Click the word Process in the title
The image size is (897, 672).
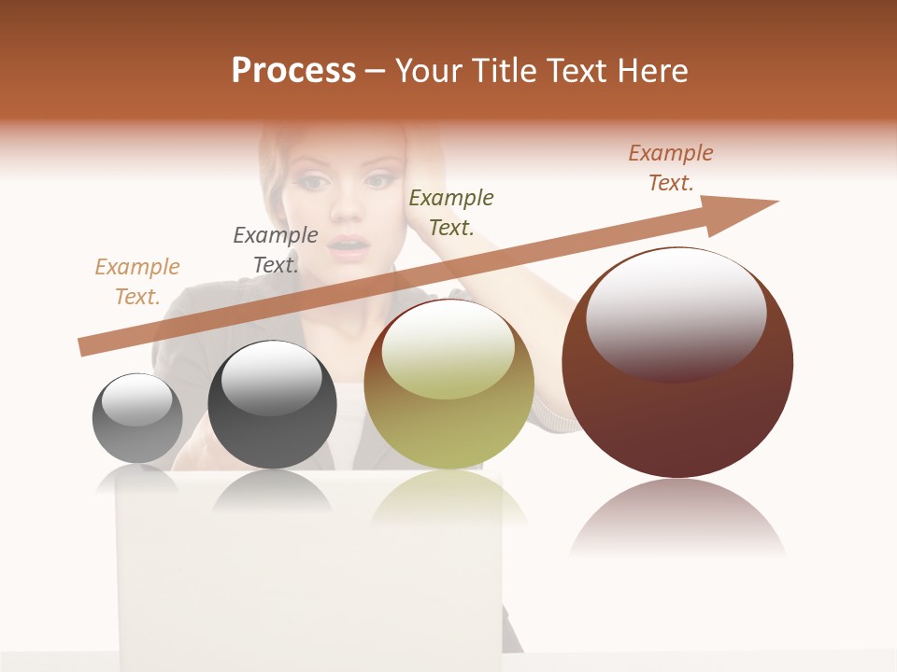pyautogui.click(x=293, y=71)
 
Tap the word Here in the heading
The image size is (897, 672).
pyautogui.click(x=653, y=71)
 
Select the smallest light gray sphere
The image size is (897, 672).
pyautogui.click(x=137, y=418)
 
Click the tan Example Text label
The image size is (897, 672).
pyautogui.click(x=137, y=282)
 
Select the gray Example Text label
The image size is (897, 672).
pyautogui.click(x=276, y=249)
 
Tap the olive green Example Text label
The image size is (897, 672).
pyautogui.click(x=451, y=212)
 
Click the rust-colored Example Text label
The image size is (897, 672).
pyautogui.click(x=671, y=168)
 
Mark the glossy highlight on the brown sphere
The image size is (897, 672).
pyautogui.click(x=676, y=313)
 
